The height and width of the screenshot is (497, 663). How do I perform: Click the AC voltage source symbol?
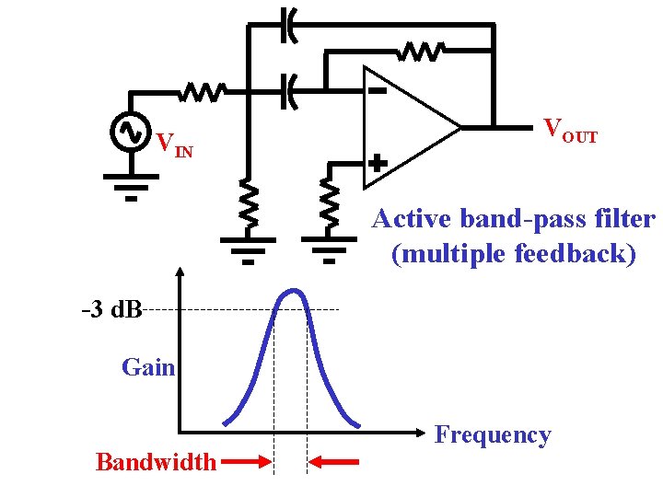click(129, 132)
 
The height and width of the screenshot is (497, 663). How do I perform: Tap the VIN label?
click(174, 145)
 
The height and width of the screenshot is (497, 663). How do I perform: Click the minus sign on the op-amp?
click(377, 91)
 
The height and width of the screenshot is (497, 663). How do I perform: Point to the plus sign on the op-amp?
click(377, 163)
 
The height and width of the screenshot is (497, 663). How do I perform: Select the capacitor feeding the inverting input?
click(288, 91)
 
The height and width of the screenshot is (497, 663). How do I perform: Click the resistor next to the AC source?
click(203, 92)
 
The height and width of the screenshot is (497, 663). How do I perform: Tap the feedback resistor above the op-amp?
click(423, 52)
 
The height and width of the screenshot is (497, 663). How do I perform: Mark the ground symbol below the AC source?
click(130, 186)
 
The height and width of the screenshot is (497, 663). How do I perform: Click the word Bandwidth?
click(156, 461)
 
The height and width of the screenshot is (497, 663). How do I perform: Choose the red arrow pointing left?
click(333, 461)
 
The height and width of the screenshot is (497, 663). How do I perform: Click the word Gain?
click(147, 367)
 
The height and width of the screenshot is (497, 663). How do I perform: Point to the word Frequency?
click(492, 433)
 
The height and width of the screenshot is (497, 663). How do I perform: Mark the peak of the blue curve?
click(294, 292)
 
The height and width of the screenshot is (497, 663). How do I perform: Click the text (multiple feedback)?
click(513, 253)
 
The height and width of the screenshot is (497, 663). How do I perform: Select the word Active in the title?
click(413, 219)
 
